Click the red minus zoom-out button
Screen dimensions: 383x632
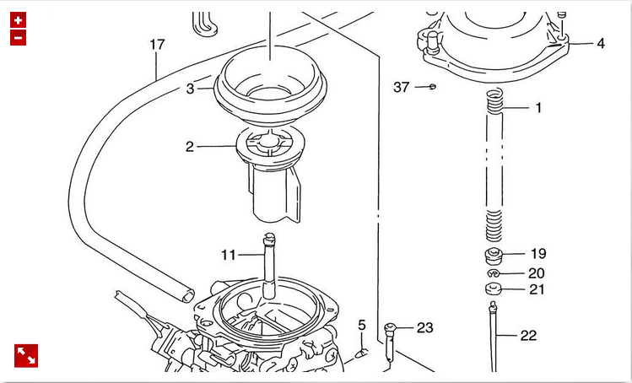tap(19, 37)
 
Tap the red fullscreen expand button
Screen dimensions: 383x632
tap(25, 356)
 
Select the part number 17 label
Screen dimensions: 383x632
tap(157, 44)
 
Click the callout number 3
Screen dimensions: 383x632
tap(191, 88)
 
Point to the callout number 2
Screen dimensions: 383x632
tap(190, 146)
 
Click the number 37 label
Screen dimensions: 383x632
tap(402, 87)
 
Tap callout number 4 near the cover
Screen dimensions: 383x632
tap(600, 43)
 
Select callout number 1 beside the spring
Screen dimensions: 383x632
tap(538, 107)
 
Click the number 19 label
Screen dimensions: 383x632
tap(538, 253)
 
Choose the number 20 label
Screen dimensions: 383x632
tap(537, 272)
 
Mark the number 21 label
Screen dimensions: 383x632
tap(537, 289)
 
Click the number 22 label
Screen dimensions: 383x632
tap(528, 335)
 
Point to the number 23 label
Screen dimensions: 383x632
tap(424, 327)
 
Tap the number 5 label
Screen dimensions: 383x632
tap(362, 325)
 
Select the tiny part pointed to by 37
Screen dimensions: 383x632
tap(432, 86)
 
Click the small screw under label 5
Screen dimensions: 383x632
tap(360, 351)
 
